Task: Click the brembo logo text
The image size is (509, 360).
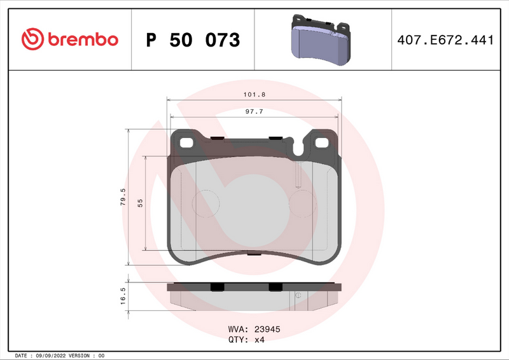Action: click(81, 39)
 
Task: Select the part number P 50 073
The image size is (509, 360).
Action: click(193, 40)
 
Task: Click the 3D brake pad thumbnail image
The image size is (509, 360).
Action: click(322, 39)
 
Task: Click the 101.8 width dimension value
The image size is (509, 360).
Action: click(253, 94)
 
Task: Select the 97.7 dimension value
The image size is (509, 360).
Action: click(254, 111)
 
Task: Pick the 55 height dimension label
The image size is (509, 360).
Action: click(140, 203)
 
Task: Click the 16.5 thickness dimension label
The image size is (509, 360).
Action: click(123, 296)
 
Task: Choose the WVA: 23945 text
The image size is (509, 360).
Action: click(254, 329)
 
